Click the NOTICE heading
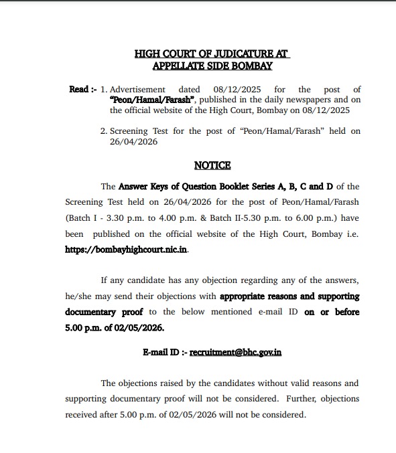click(212, 165)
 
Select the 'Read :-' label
click(83, 89)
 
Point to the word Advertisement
click(137, 89)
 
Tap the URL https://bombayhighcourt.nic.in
click(127, 248)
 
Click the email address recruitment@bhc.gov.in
click(235, 352)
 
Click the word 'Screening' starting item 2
click(129, 131)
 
